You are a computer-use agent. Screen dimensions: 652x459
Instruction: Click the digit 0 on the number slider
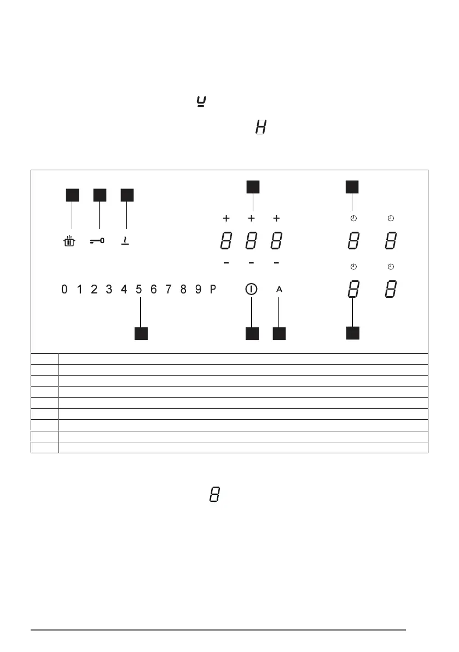65,289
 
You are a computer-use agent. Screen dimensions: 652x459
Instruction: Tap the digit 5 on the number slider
139,289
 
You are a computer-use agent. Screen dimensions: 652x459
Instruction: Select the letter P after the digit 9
213,289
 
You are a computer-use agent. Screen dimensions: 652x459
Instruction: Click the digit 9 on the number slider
198,289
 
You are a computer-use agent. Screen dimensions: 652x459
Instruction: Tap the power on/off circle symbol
251,289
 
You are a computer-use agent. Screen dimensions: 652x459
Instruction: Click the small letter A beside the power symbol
279,289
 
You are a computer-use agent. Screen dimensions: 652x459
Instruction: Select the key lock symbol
97,240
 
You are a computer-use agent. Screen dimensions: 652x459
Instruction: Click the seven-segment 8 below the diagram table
215,495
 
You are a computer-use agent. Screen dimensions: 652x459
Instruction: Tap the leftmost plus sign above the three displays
226,218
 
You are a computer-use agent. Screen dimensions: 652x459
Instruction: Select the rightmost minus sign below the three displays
276,263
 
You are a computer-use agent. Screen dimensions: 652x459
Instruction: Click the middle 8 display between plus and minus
251,241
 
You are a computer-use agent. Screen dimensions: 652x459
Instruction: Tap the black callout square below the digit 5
142,333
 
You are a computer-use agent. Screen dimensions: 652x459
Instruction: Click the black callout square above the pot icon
72,195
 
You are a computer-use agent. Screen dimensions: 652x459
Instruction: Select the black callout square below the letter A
280,333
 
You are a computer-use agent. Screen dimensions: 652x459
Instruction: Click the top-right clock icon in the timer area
390,218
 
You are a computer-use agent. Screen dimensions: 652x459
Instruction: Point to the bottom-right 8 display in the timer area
390,289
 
